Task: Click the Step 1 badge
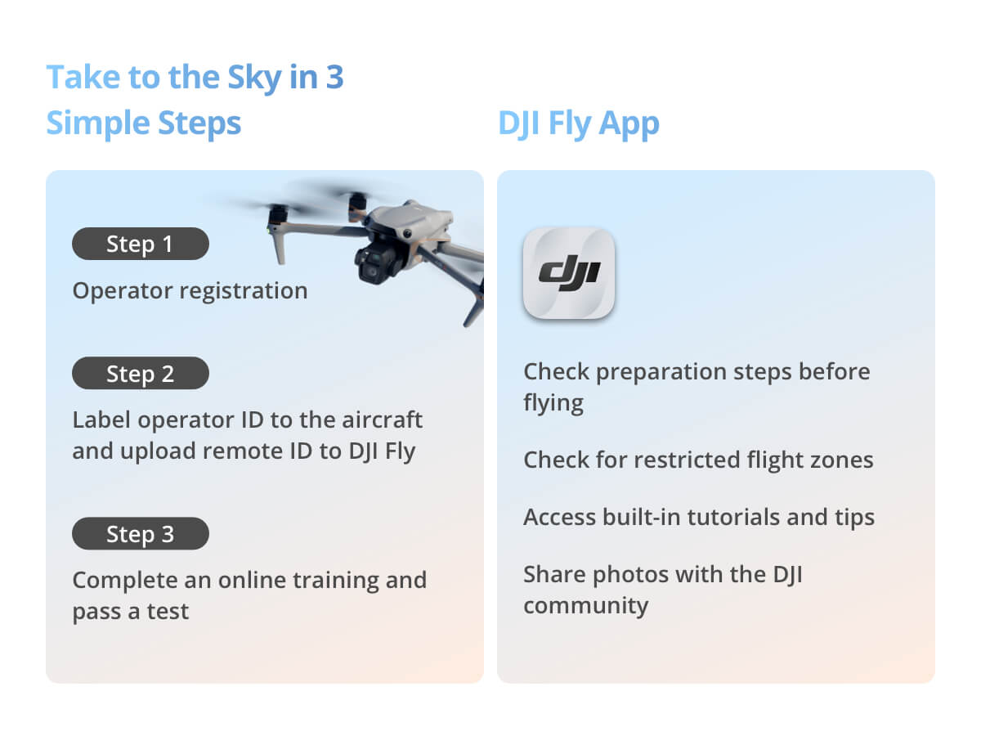[x=141, y=244]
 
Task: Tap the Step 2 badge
[x=141, y=373]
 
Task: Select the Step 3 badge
[x=141, y=533]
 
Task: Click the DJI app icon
[x=569, y=273]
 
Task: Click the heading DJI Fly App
[x=579, y=123]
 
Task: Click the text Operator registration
[x=190, y=291]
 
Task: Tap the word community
[x=586, y=607]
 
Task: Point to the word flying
[x=553, y=403]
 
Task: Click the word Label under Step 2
[x=101, y=420]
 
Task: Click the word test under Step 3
[x=168, y=612]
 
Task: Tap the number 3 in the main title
[x=334, y=78]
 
